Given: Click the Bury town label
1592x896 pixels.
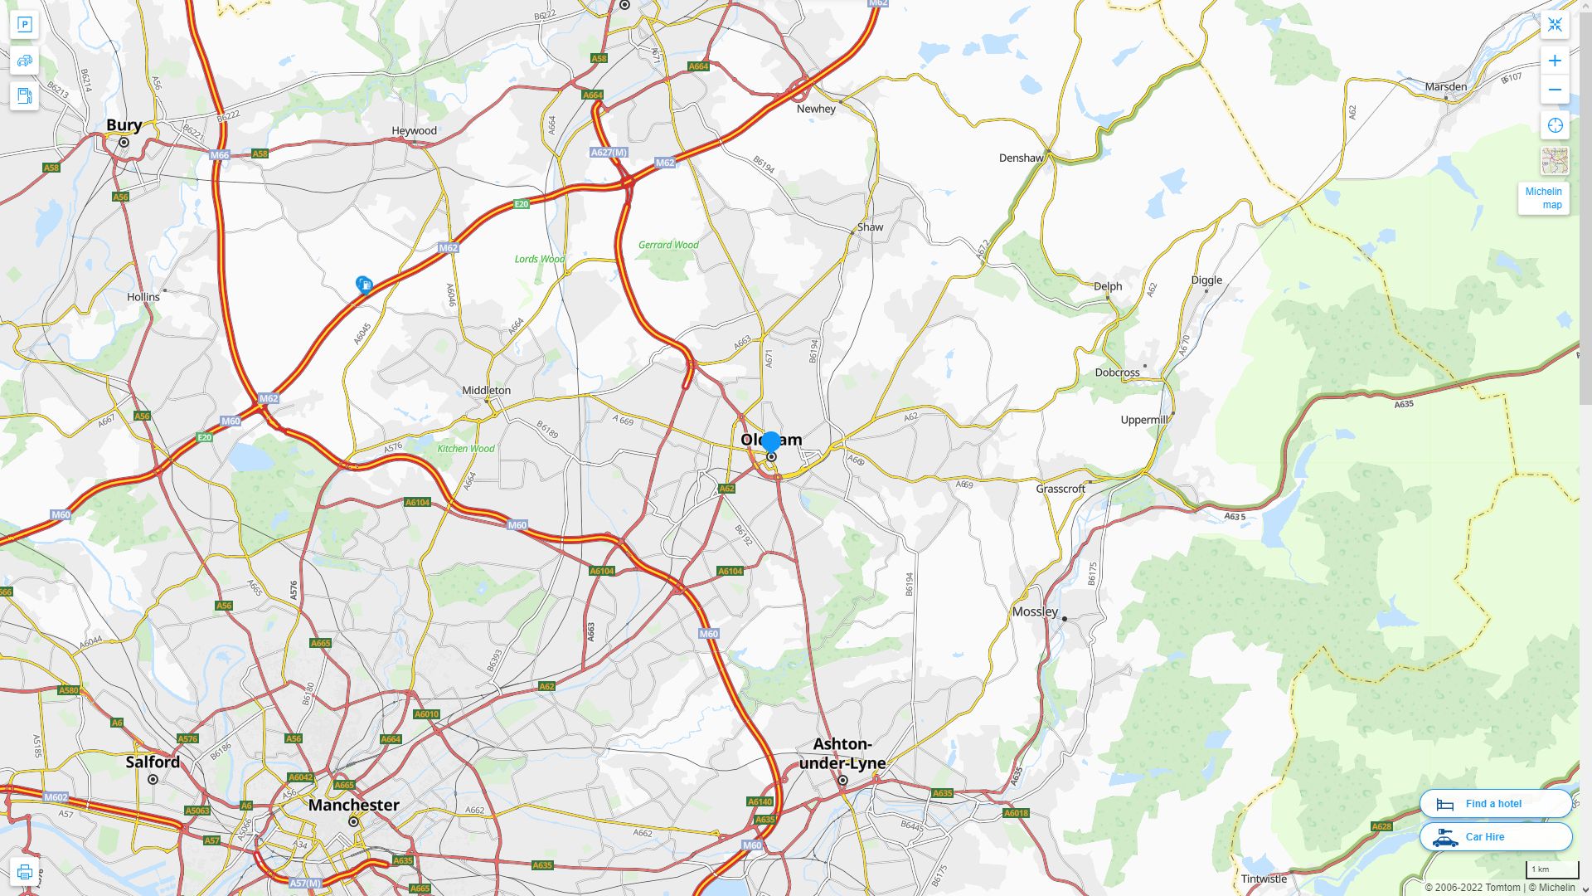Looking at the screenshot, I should tap(124, 125).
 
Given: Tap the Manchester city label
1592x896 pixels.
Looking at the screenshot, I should tap(353, 805).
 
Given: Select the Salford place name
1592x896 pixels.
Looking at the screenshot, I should tap(153, 762).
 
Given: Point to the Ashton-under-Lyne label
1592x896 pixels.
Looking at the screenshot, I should tap(842, 753).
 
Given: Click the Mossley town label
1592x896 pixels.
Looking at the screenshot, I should tap(1035, 612).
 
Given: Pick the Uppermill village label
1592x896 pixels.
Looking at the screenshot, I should tap(1144, 420).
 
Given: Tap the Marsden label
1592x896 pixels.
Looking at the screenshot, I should tap(1445, 86).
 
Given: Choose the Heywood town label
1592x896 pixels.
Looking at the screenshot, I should tap(414, 131).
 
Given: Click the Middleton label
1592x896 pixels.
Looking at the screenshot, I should tap(486, 391).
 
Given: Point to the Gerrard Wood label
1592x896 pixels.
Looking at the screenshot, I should tap(668, 245).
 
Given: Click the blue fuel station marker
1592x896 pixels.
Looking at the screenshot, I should tap(364, 285).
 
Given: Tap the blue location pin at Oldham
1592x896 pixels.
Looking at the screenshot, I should tap(771, 441).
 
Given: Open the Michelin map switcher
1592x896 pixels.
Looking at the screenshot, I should tap(1543, 198).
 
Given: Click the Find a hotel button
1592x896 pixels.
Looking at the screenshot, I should tap(1495, 803).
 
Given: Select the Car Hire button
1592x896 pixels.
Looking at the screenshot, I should tap(1495, 836).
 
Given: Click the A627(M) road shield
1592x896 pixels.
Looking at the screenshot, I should tap(609, 153).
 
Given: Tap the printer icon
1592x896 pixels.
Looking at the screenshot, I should tap(24, 872).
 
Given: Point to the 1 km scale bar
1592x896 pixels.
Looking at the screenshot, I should tap(1551, 870).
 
